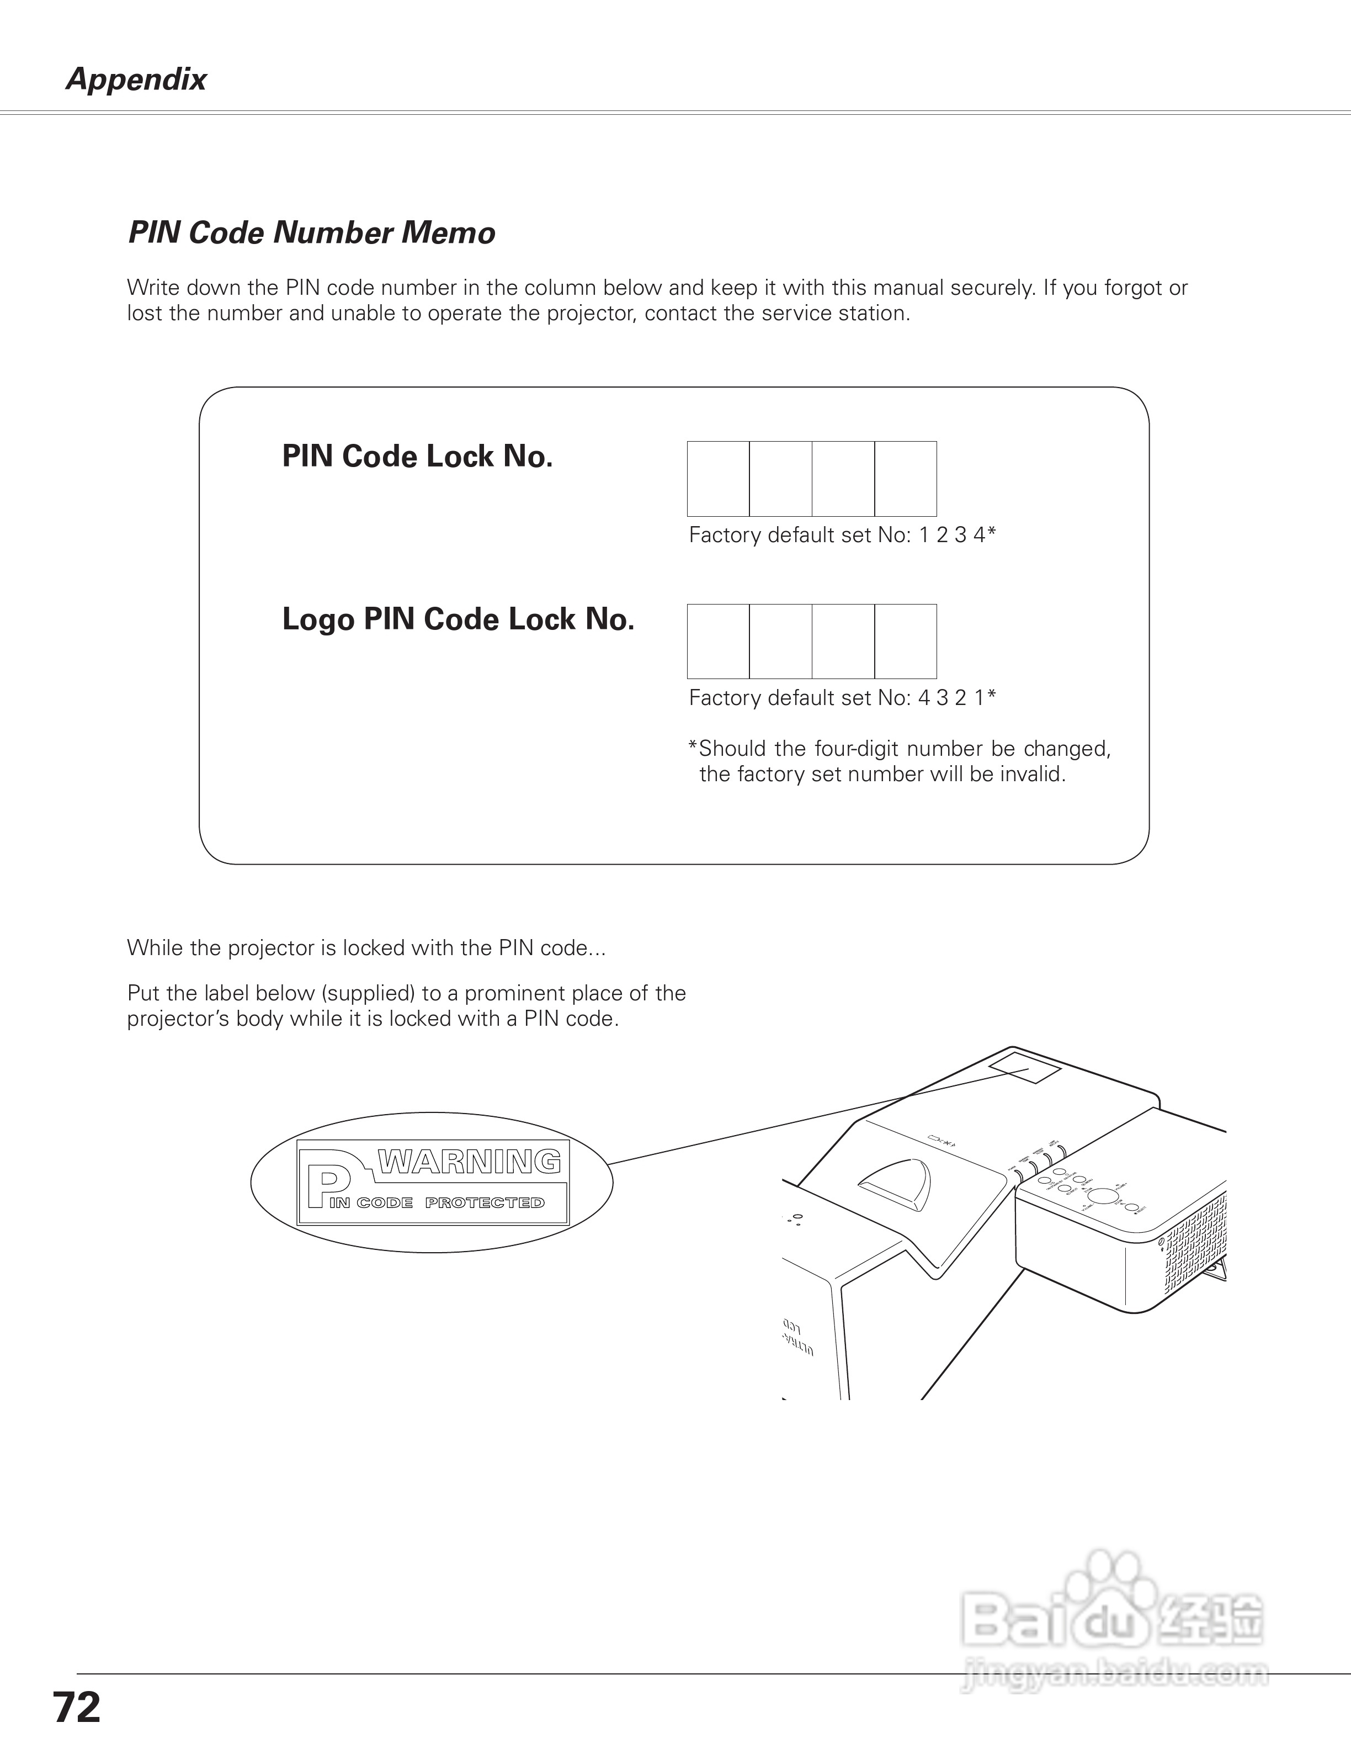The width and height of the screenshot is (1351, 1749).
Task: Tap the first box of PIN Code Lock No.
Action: [x=718, y=478]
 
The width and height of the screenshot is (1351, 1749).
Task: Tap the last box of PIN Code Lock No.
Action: [x=905, y=478]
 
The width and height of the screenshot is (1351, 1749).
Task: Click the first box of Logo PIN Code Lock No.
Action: [x=718, y=642]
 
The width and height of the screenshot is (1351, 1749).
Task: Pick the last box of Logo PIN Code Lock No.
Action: [x=905, y=642]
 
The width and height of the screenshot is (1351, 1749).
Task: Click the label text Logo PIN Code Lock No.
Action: [x=458, y=619]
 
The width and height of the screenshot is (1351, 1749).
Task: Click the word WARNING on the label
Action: [x=469, y=1161]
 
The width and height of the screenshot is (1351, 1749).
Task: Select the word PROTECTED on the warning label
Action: [x=484, y=1203]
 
